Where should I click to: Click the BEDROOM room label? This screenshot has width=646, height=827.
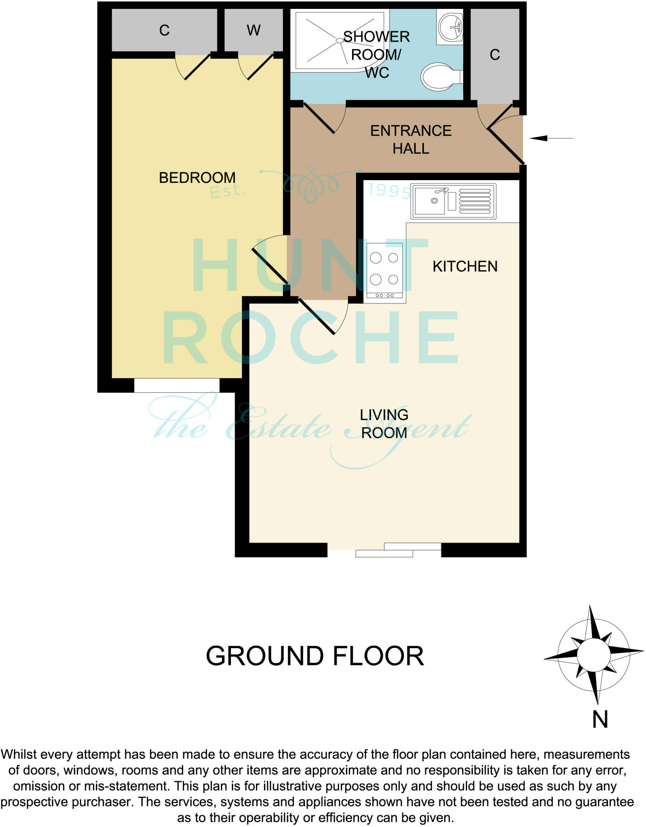(197, 178)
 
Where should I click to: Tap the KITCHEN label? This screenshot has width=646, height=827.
(465, 267)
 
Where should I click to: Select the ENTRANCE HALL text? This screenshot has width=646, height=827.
(411, 140)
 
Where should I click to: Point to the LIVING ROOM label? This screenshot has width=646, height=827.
(384, 424)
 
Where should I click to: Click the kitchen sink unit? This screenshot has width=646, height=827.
(453, 201)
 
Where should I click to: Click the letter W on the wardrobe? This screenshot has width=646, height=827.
(254, 30)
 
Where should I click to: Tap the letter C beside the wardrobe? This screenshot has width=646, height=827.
(164, 30)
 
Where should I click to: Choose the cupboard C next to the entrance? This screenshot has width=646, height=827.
(495, 55)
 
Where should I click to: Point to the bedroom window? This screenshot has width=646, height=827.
(177, 385)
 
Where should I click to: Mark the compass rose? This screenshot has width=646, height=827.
(593, 654)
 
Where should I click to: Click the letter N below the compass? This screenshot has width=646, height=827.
(600, 719)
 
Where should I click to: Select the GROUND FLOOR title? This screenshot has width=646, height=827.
(315, 656)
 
